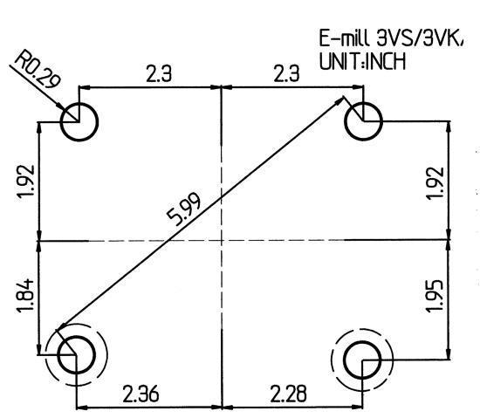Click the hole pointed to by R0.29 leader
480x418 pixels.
[x=79, y=120]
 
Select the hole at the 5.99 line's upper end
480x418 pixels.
[x=362, y=120]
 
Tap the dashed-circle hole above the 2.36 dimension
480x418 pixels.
[x=77, y=355]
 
